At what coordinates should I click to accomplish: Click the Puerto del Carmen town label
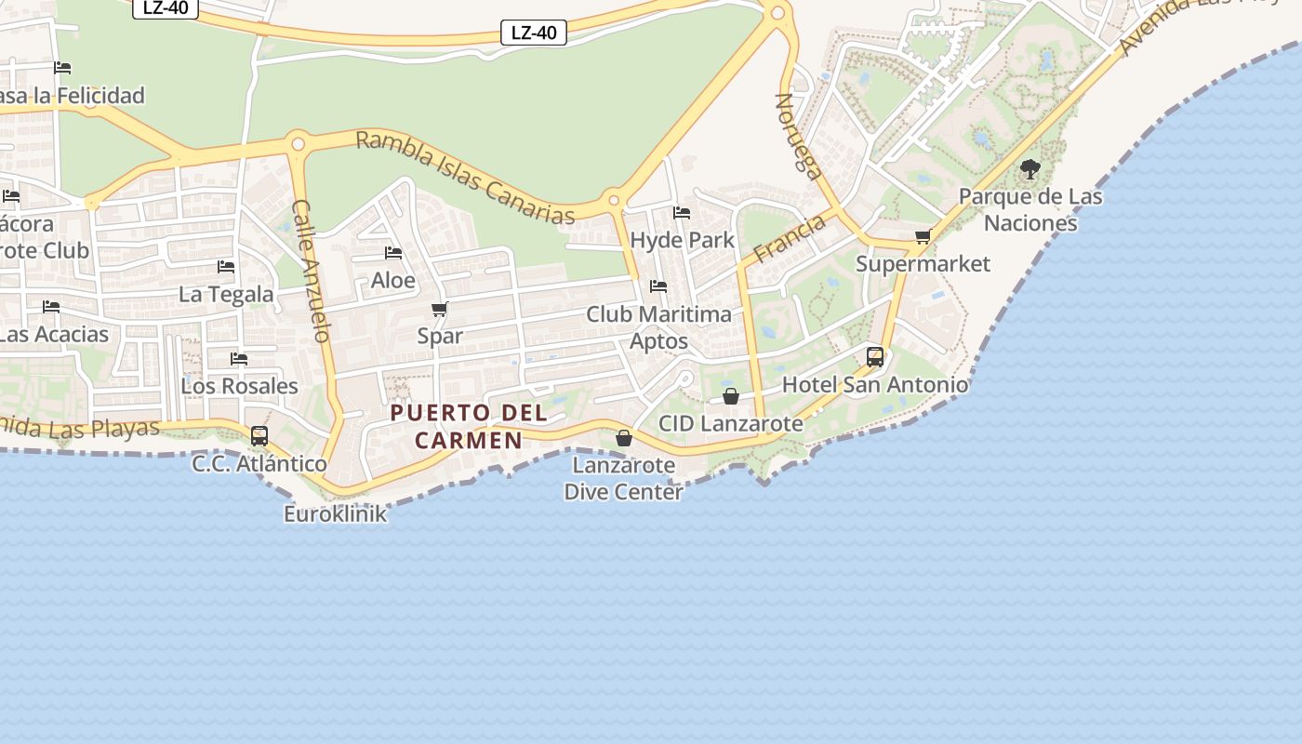469,426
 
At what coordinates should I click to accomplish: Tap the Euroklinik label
335,513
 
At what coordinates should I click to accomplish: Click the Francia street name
789,239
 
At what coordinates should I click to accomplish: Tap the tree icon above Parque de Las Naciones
1030,169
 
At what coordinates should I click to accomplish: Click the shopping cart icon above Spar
440,309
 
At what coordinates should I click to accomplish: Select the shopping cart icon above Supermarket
923,236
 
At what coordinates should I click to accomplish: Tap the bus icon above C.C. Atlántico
259,435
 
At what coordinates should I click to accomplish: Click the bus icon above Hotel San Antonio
875,356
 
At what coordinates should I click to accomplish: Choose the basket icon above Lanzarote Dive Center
624,437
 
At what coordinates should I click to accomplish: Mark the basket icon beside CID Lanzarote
731,396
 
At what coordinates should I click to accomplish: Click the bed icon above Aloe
393,252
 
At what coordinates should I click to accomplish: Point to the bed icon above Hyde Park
682,212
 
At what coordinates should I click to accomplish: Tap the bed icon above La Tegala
226,266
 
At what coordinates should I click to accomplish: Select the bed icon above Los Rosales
239,358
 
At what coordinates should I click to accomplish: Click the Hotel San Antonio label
874,384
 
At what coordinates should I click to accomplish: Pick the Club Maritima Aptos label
658,327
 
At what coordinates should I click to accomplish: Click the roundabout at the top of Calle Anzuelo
298,144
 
